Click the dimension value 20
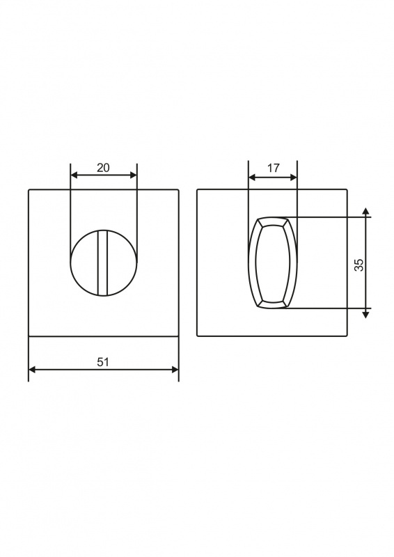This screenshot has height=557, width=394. pos(104,168)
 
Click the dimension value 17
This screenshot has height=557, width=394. pos(273,168)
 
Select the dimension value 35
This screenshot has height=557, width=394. pos(359,265)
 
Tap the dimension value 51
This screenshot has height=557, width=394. pos(103,362)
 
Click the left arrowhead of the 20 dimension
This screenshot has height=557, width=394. pos(74,175)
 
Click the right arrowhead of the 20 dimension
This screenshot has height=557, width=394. pos(133,175)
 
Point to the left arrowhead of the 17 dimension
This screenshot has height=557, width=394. pos(252,178)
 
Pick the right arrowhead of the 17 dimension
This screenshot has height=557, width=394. pos(294,178)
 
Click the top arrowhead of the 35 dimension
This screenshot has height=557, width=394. pos(366,212)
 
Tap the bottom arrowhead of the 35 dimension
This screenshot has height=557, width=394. pos(366,313)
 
